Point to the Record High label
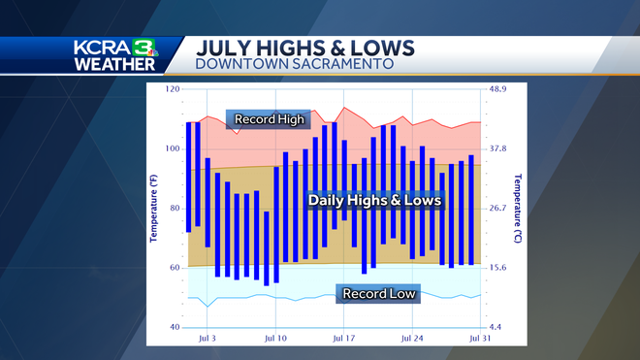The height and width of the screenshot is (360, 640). point(270,120)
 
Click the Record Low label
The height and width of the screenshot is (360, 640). point(378,293)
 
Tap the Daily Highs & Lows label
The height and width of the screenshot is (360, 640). point(374,200)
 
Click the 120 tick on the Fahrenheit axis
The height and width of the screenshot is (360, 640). point(174,89)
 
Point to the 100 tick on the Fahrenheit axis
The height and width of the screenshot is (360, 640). point(174,148)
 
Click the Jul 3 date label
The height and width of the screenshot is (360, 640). point(207,338)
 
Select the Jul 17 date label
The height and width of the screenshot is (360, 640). point(344,338)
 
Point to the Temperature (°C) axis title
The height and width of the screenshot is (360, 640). point(518,208)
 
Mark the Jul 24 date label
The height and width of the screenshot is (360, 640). point(413,338)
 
